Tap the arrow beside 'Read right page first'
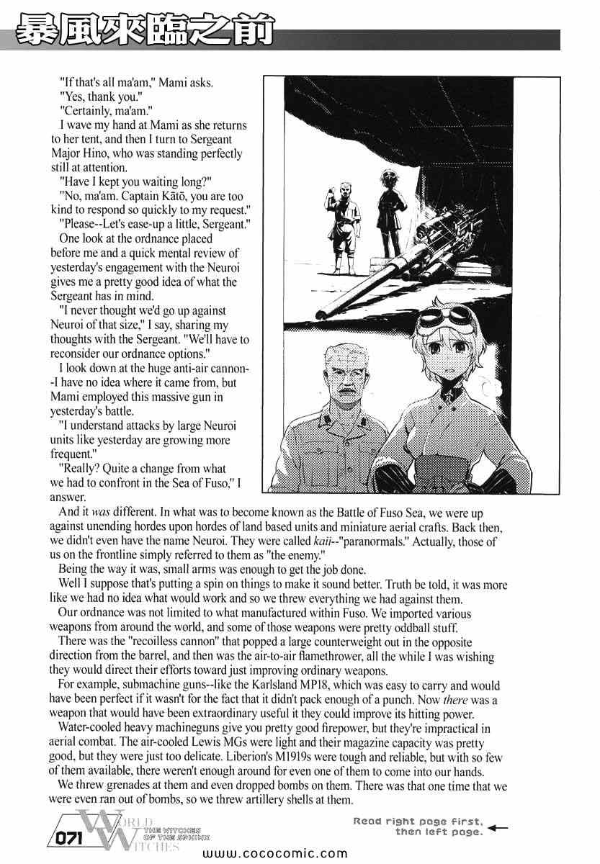(497, 827)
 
